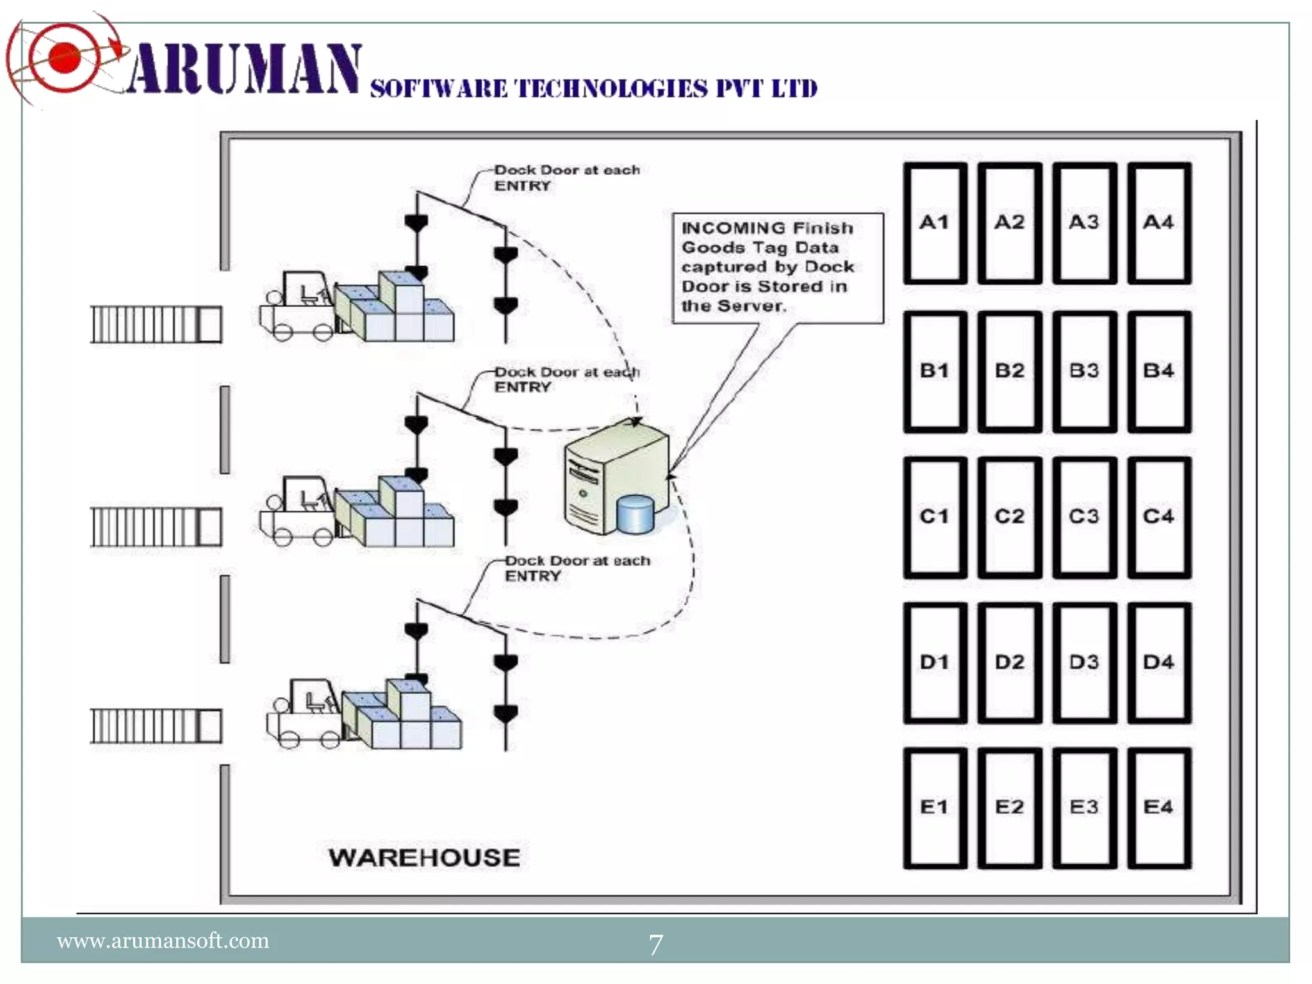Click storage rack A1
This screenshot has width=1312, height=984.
click(935, 223)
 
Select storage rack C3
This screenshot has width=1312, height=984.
click(1084, 516)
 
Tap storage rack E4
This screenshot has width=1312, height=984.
click(1159, 807)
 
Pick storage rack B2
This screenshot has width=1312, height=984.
click(1010, 371)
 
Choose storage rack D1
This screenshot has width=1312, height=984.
click(935, 662)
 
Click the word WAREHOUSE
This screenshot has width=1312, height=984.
click(424, 858)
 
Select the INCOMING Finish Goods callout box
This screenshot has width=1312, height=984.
click(777, 268)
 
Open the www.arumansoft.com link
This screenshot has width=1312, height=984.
click(163, 940)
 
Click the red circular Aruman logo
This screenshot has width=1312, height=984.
click(65, 59)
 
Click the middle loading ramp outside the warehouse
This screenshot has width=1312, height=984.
click(156, 527)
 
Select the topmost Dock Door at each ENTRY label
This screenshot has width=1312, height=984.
click(566, 177)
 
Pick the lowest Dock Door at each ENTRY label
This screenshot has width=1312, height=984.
click(577, 568)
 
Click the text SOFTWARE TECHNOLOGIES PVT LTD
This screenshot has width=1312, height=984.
click(593, 89)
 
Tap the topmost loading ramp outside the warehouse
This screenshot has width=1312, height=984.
click(156, 324)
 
